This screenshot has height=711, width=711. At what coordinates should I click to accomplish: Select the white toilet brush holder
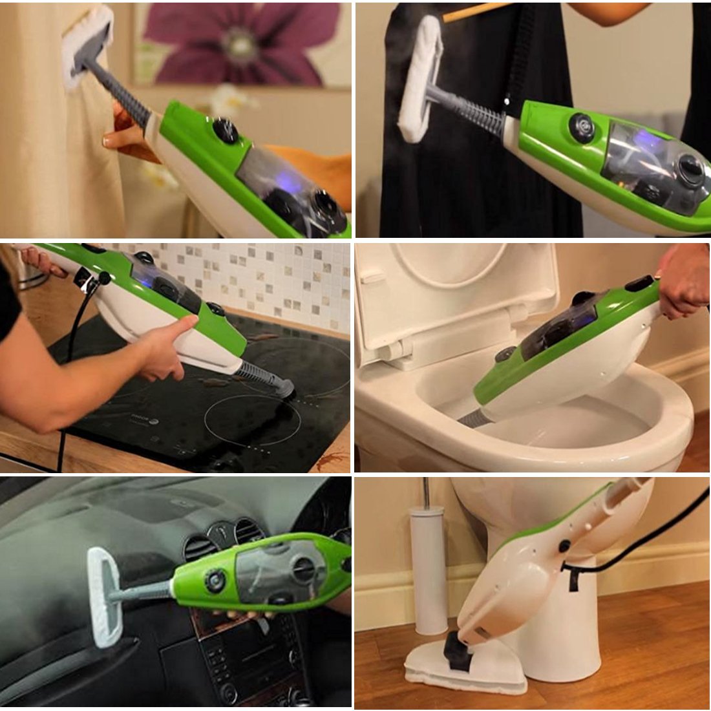(x=429, y=569)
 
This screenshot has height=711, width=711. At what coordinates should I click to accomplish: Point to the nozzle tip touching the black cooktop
(x=284, y=388)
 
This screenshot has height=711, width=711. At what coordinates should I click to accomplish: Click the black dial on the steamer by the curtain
(x=225, y=131)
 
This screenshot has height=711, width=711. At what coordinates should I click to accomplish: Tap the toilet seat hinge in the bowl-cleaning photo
(x=394, y=349)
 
